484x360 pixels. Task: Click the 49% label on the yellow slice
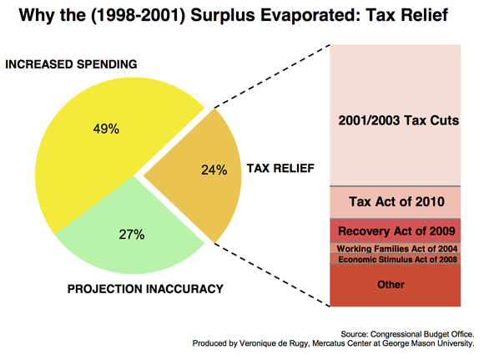(106, 129)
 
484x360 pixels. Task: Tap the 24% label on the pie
(214, 170)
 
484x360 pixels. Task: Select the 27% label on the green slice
(132, 235)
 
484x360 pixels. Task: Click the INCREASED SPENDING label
(71, 64)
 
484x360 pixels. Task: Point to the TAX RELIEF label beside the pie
(280, 169)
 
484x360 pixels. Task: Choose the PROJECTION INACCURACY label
(145, 289)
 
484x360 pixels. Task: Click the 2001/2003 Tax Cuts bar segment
(395, 115)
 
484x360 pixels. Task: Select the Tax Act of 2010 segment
(395, 202)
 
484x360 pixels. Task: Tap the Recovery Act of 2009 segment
(395, 231)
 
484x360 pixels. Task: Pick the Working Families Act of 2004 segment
(395, 248)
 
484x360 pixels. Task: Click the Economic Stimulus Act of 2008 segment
(395, 259)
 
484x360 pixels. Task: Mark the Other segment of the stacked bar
(395, 285)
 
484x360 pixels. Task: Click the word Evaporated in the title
(310, 15)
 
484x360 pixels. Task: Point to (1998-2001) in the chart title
(139, 15)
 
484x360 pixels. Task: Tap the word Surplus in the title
(223, 15)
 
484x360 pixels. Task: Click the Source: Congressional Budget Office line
(407, 334)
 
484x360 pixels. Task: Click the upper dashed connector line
(272, 76)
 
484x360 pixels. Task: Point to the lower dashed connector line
(272, 275)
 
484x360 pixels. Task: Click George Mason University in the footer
(428, 343)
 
